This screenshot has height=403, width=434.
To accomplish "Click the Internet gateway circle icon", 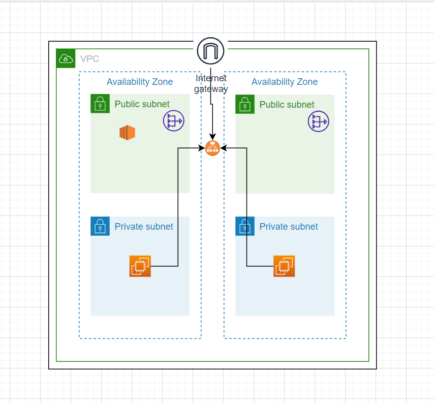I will (211, 51).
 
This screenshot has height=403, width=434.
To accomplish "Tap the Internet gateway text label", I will (211, 83).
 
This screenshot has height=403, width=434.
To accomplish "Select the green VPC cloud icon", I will (66, 59).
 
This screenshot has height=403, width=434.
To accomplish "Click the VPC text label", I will (89, 59).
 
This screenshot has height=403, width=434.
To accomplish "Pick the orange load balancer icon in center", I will (212, 148).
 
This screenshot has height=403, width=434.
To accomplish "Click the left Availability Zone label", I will (140, 82).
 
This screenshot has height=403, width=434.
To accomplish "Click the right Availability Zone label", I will (285, 82).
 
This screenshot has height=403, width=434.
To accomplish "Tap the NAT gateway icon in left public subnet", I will (173, 121).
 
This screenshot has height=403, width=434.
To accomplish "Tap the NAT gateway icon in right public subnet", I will (318, 121).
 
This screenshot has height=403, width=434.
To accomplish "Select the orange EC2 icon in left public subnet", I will (127, 133).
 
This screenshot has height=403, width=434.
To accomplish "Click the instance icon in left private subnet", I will (140, 266).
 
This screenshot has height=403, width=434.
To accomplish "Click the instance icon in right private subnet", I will (284, 266).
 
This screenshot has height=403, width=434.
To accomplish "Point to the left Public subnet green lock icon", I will (100, 104).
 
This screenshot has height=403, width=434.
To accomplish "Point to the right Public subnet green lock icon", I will (245, 104).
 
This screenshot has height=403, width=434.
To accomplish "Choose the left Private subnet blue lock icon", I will (100, 226).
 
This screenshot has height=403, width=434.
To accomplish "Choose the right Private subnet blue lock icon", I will (245, 226).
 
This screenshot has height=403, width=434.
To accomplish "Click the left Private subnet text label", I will (144, 227).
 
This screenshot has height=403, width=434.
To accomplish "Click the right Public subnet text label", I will (287, 105).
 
